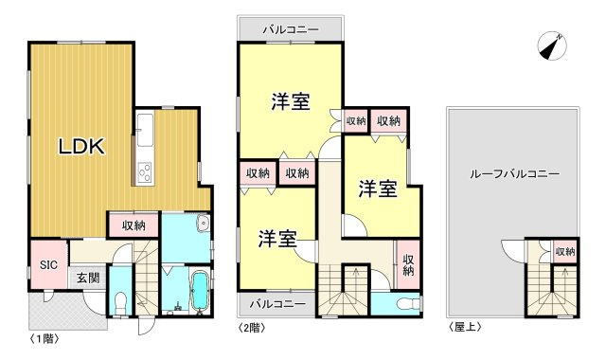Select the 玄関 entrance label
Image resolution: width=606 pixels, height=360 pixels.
(x=88, y=279)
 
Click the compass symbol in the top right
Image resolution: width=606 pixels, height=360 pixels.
(x=552, y=45)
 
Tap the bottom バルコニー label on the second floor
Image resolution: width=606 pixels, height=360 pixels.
(x=277, y=304)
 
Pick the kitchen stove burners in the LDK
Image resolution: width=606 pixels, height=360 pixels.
(x=147, y=172)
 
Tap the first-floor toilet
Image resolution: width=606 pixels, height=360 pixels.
(x=119, y=301)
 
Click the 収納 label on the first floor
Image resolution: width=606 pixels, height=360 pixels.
(x=134, y=225)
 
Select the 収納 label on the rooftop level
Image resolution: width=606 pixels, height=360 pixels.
(x=564, y=252)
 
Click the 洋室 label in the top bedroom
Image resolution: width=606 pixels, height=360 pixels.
(x=291, y=101)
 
